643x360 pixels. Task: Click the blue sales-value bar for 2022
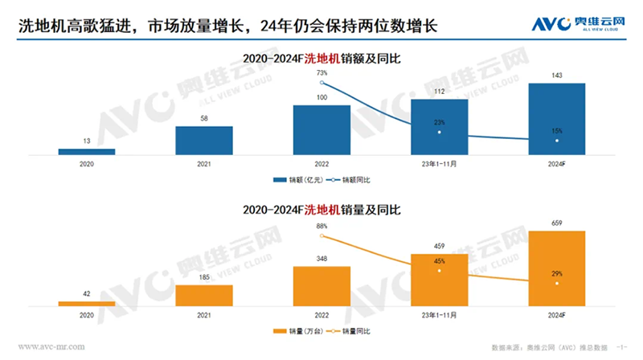coord(321,129)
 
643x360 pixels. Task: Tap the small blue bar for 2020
coord(87,151)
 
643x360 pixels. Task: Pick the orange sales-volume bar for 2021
coord(204,296)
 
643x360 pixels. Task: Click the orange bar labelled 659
coord(556,268)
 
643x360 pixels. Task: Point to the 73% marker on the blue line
coord(321,83)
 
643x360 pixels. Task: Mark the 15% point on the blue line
coord(556,141)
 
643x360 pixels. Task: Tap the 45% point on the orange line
coord(439,271)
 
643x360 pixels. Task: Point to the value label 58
coord(204,118)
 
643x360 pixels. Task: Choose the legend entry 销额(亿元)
coord(297,178)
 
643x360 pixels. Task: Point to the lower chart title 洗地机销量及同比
coord(321,210)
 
